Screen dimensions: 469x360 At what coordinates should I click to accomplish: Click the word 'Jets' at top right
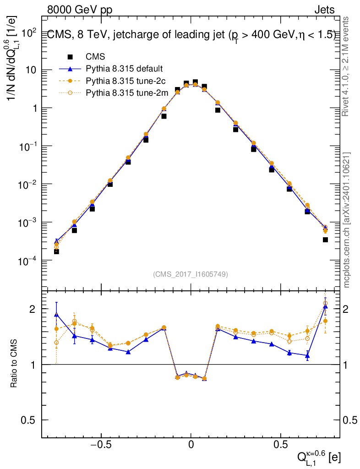tap(324, 10)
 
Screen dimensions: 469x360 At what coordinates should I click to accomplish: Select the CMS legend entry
tap(95, 57)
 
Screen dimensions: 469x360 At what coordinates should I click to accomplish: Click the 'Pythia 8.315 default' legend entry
tap(124, 69)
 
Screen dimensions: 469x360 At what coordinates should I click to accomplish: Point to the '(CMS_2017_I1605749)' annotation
tap(191, 274)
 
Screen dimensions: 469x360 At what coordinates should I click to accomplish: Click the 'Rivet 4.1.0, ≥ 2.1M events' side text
tap(346, 66)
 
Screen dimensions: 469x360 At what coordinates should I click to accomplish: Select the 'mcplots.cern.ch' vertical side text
tap(347, 220)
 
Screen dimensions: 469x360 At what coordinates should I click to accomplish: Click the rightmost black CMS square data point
tap(325, 240)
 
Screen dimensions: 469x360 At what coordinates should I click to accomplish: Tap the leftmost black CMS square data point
tap(56, 251)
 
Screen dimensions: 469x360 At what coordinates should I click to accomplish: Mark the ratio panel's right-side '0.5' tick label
tap(350, 420)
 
